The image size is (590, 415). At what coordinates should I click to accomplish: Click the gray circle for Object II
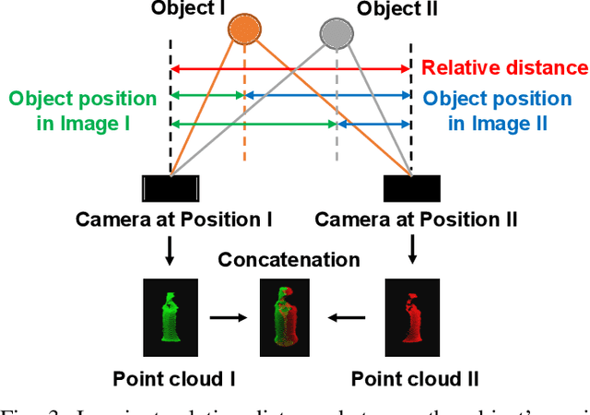[335, 34]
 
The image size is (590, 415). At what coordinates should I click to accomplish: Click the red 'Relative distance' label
[504, 67]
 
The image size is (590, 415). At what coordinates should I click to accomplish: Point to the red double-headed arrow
[290, 68]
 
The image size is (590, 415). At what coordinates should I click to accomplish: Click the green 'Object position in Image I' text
[84, 110]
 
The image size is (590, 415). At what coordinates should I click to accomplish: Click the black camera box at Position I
[171, 188]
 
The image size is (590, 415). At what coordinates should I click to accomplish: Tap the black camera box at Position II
[410, 188]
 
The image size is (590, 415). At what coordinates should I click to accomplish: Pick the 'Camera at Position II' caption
[416, 219]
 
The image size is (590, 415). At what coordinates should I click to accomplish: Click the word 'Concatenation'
[289, 259]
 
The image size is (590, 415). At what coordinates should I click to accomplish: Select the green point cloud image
[169, 316]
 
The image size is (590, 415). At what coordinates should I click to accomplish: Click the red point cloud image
[408, 316]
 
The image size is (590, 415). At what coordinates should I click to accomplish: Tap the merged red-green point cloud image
[288, 316]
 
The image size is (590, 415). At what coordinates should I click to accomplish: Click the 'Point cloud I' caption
[169, 378]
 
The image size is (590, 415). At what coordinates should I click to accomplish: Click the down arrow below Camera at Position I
[170, 249]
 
